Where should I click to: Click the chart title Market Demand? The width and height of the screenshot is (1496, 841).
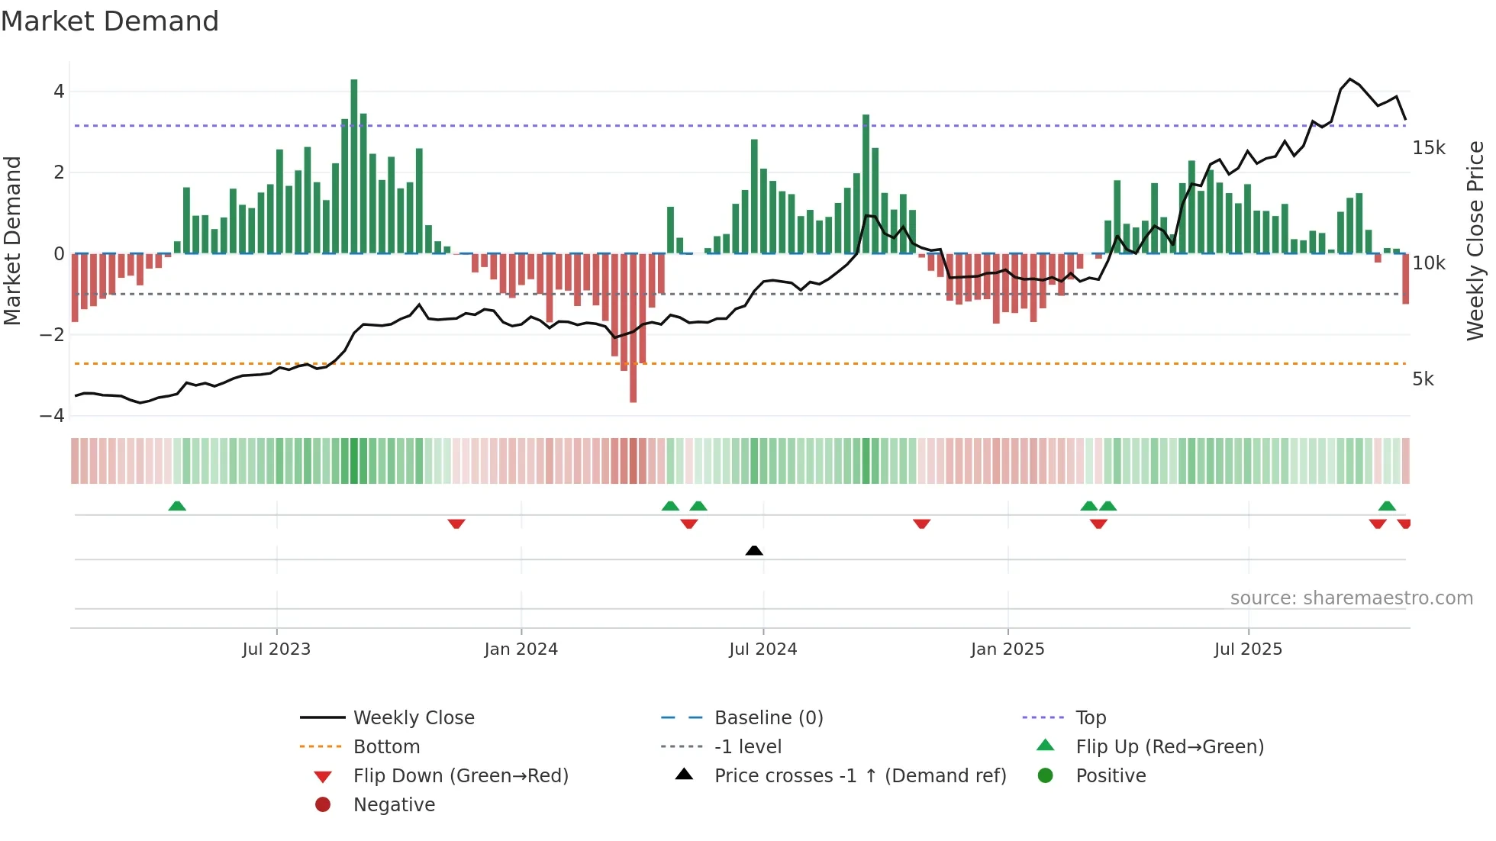(x=110, y=21)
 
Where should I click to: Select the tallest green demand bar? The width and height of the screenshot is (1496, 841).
(x=354, y=166)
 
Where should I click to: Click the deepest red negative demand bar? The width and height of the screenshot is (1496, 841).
(x=633, y=328)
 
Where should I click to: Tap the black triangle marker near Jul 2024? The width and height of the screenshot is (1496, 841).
(x=754, y=550)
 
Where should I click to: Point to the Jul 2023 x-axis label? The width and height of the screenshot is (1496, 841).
(x=276, y=649)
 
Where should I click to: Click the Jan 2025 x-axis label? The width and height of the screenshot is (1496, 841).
(x=1008, y=649)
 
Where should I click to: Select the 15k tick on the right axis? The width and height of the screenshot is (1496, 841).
(x=1428, y=148)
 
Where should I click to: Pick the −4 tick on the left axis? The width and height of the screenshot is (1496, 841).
(x=52, y=416)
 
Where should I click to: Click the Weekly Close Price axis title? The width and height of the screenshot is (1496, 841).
(x=1475, y=240)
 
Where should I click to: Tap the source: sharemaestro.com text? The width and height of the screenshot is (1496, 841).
(x=1351, y=598)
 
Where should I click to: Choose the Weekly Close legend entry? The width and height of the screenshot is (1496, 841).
(x=413, y=718)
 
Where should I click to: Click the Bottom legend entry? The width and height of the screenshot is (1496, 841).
(x=386, y=747)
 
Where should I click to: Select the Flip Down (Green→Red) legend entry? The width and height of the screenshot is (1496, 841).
(x=460, y=776)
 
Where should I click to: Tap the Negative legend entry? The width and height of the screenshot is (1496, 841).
(x=394, y=805)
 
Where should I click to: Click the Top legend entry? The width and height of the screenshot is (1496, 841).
(x=1090, y=718)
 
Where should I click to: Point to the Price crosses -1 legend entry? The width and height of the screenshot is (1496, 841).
(x=859, y=776)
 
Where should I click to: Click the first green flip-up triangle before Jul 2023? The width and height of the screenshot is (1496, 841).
(x=177, y=506)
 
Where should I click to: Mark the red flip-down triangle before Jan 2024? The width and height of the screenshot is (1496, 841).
(x=456, y=524)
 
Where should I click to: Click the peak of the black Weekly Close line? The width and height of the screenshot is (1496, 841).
(x=1350, y=79)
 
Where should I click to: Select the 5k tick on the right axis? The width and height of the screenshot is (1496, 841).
(x=1423, y=379)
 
